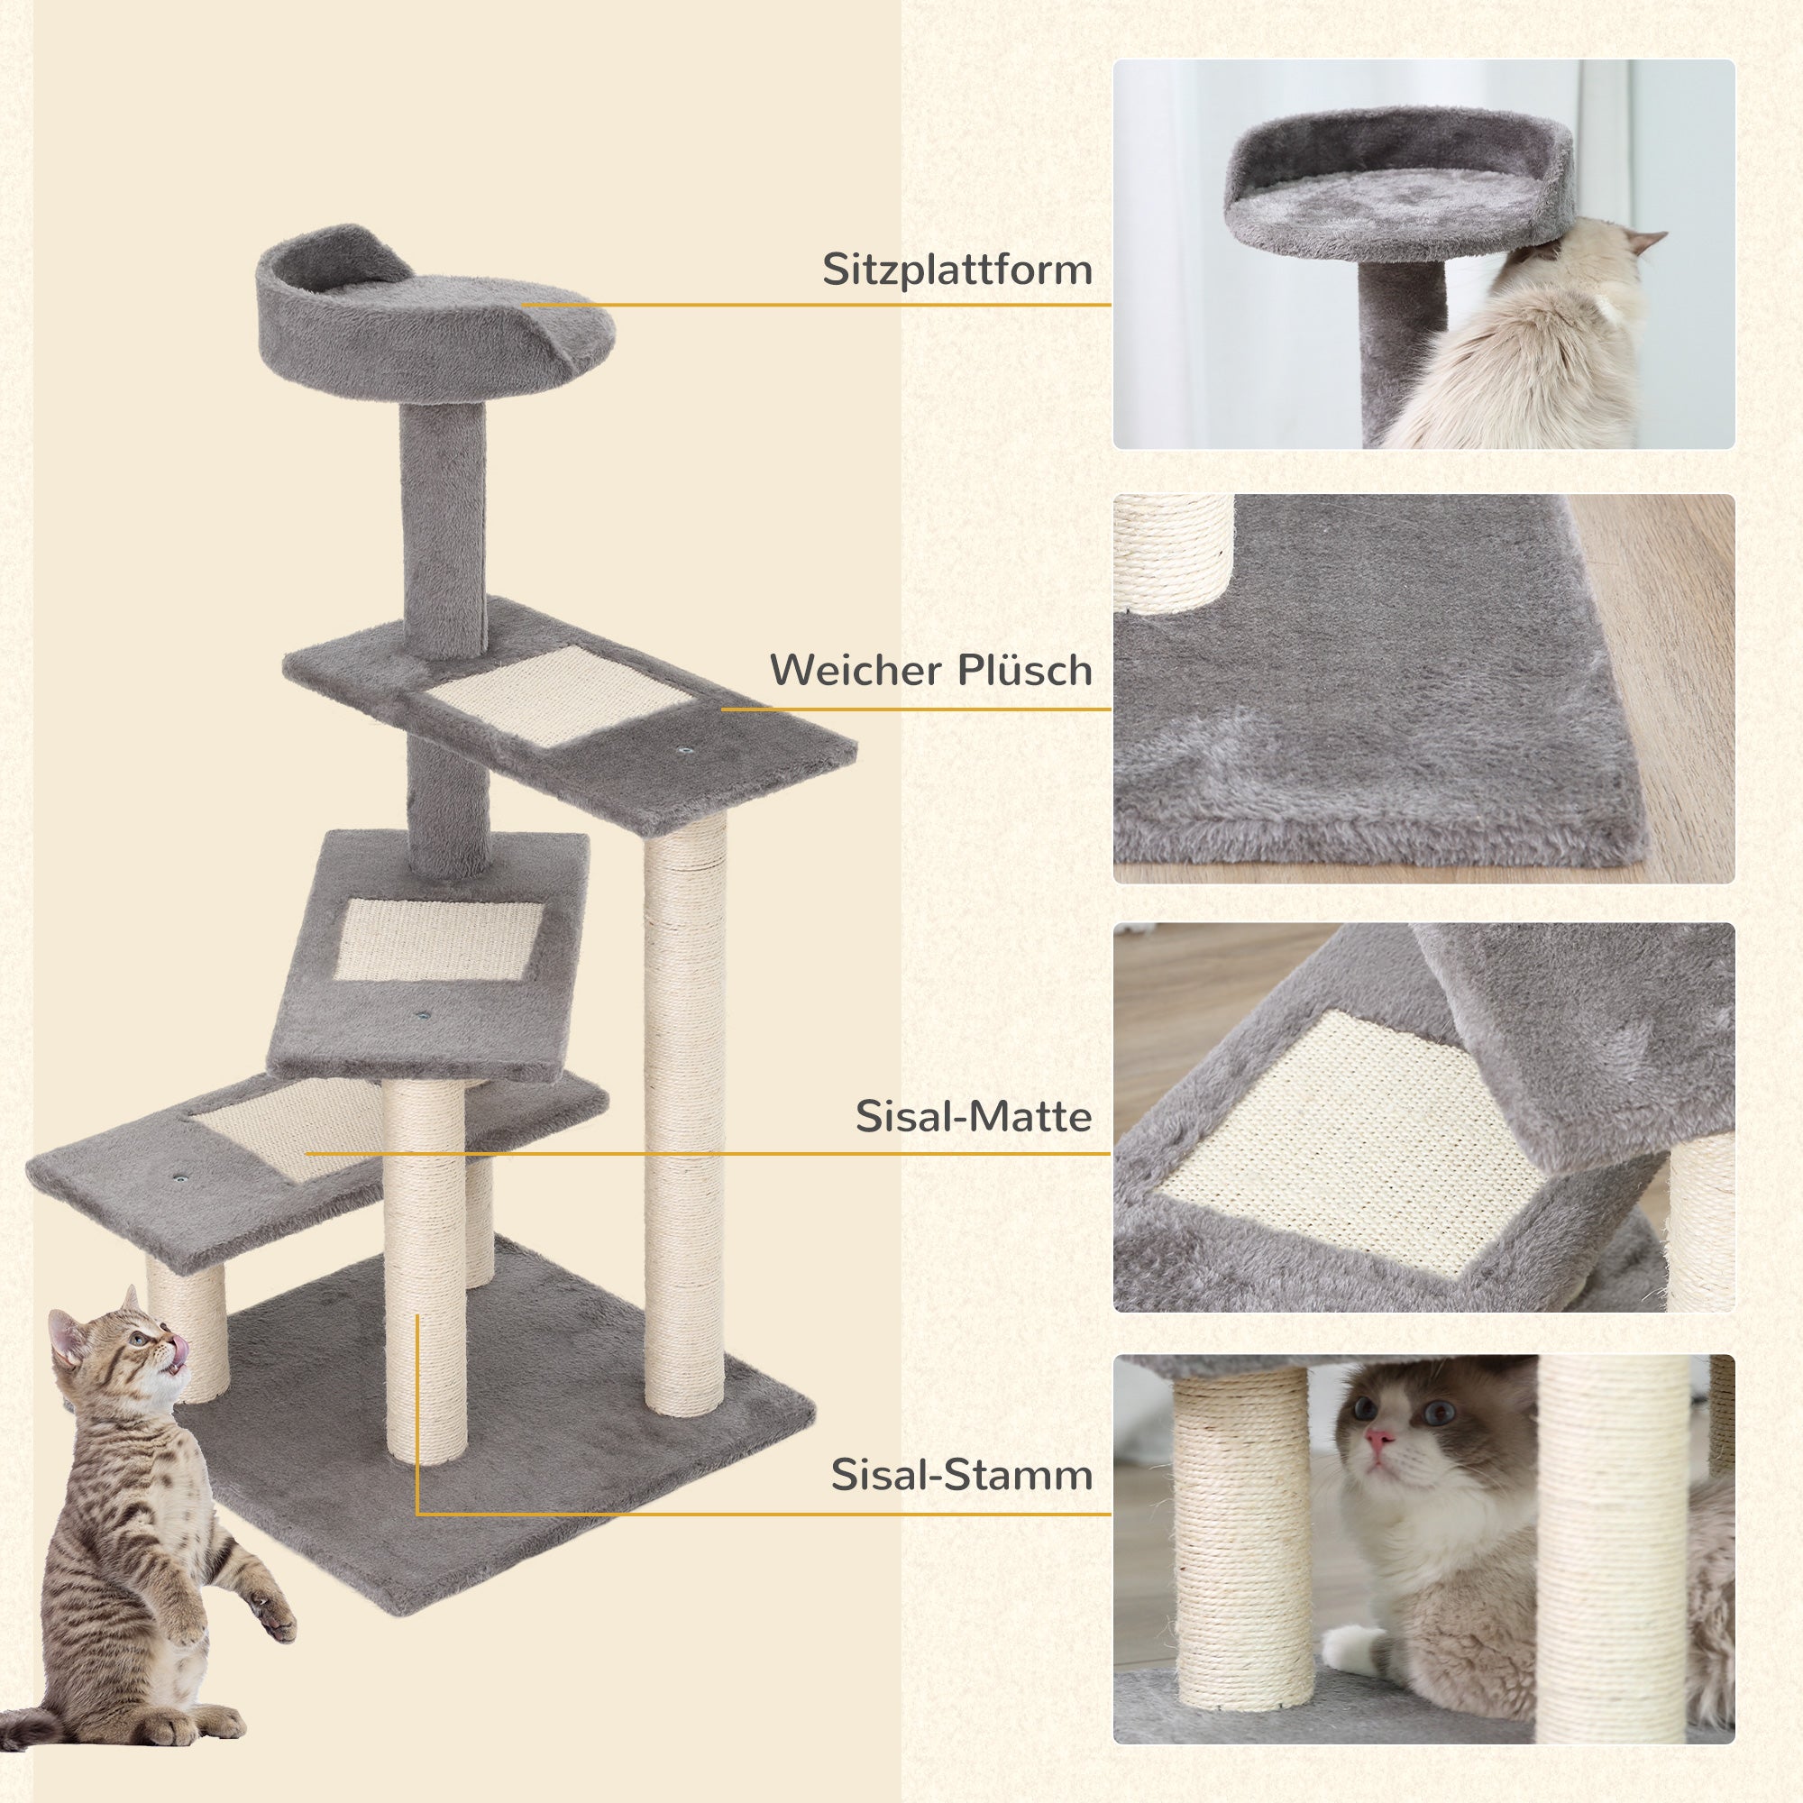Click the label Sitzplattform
click(956, 270)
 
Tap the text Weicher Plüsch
click(930, 670)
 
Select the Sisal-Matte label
click(974, 1116)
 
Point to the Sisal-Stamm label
click(961, 1475)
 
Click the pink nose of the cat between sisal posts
click(1380, 1464)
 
